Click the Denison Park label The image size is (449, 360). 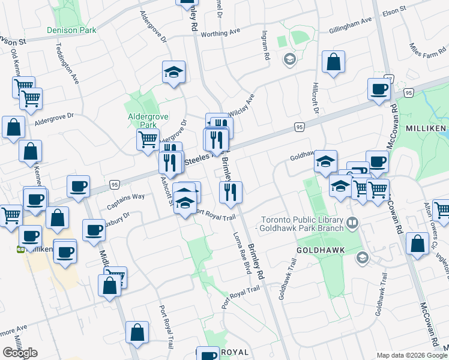[71, 29]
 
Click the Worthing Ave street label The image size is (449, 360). [220, 32]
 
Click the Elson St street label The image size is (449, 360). [394, 11]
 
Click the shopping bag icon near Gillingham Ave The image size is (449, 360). [333, 61]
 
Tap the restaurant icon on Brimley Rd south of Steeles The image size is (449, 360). [231, 192]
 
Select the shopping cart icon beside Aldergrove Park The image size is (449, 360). [148, 140]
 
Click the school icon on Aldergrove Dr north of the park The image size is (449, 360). [173, 73]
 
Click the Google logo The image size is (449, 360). [20, 352]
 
